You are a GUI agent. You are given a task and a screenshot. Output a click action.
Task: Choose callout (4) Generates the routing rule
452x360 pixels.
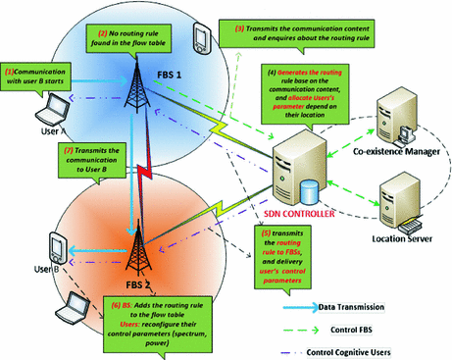[303, 104]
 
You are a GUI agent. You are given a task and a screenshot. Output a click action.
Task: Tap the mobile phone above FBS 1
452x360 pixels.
[200, 38]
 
